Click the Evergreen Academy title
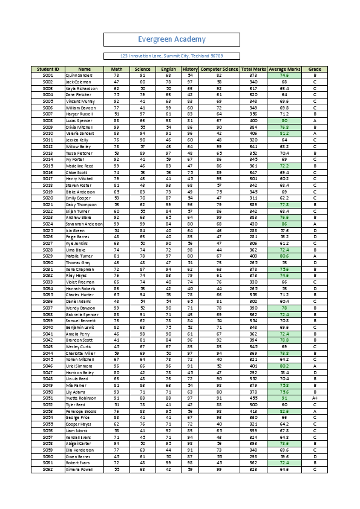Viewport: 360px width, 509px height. [172, 39]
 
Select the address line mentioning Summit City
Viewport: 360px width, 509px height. [172, 56]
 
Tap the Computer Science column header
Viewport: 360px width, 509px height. [219, 70]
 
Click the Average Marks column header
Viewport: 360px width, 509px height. [284, 70]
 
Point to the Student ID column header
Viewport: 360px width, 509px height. [48, 70]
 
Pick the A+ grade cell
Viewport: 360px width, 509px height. [315, 398]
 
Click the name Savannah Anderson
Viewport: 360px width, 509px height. [84, 224]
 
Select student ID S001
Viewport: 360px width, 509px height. [48, 76]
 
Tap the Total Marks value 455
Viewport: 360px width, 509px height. [254, 398]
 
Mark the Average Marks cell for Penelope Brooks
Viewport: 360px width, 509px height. [284, 410]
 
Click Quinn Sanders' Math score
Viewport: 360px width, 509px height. [116, 76]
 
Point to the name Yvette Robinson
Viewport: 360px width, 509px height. [81, 398]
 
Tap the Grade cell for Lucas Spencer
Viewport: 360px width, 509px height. [315, 120]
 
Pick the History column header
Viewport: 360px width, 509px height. [190, 70]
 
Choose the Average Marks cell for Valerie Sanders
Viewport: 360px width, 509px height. [284, 133]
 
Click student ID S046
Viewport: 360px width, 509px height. [48, 365]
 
